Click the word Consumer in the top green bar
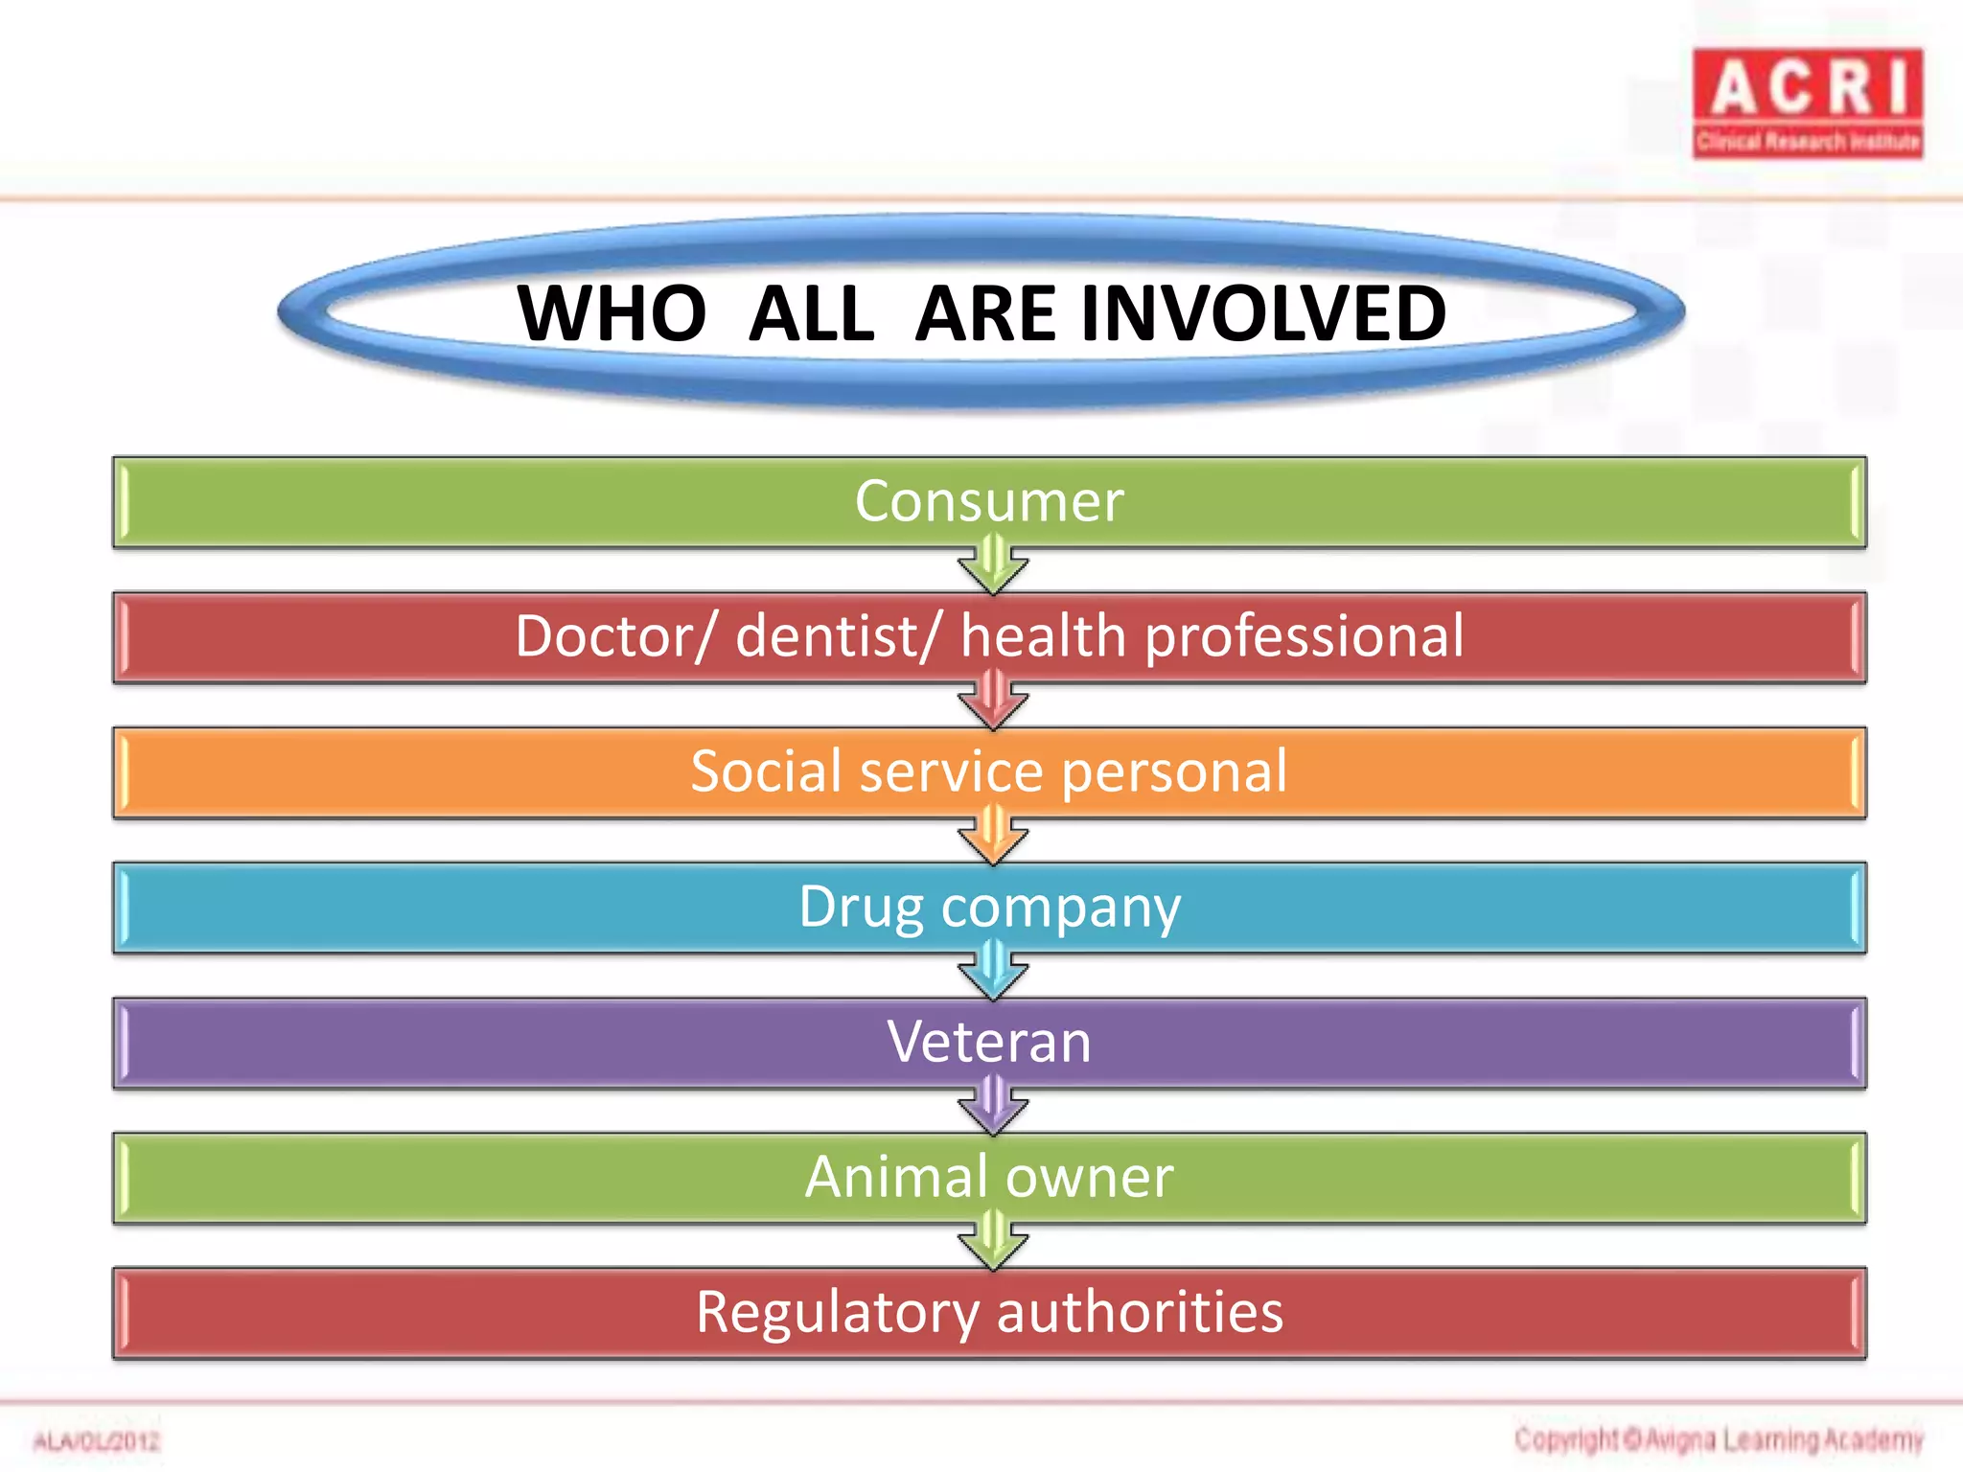(x=988, y=501)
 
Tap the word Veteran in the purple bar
(x=988, y=1042)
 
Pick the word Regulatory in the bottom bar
(x=837, y=1314)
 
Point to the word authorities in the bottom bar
(x=1140, y=1312)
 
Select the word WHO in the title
(x=612, y=313)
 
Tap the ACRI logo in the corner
(x=1807, y=103)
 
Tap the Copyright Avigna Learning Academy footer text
(x=1719, y=1439)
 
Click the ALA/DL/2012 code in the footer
(x=97, y=1441)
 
